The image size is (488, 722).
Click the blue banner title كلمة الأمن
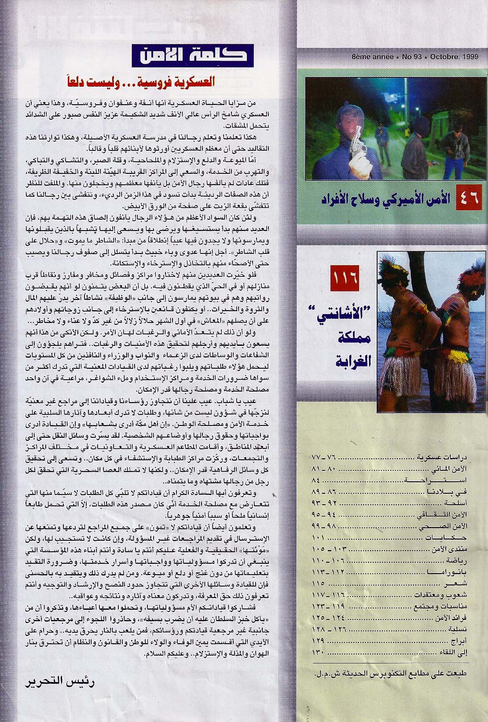tap(192, 55)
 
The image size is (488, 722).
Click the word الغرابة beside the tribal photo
tap(353, 362)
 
